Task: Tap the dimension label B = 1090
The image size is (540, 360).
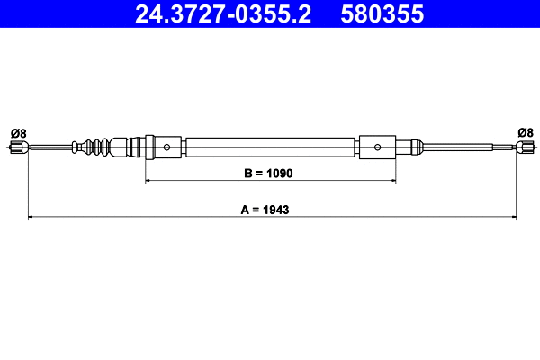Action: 270,172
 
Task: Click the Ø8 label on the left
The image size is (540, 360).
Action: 18,133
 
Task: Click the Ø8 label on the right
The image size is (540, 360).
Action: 525,133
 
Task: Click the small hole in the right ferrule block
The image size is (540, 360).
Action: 379,147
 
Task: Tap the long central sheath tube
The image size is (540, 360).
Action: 270,147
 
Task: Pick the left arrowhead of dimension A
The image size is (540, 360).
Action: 31,217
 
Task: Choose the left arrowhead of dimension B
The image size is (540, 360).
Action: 148,181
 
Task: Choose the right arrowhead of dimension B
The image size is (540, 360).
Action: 392,181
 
